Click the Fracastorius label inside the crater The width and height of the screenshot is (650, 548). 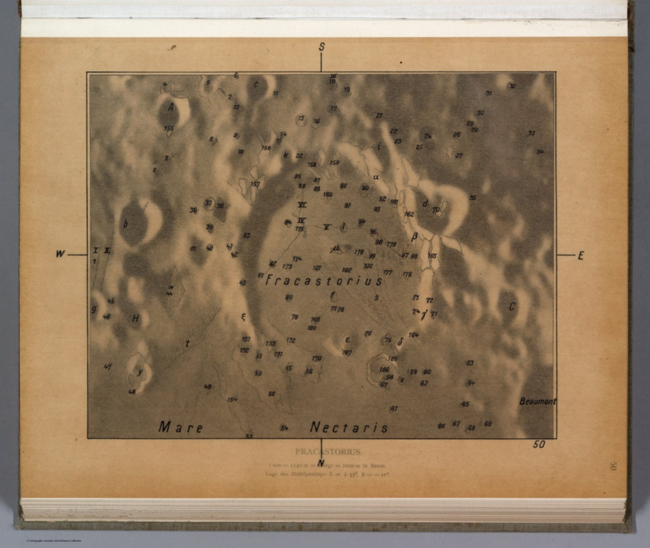[x=324, y=281]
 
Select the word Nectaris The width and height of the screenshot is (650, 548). [x=349, y=427]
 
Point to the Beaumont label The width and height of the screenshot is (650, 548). [x=537, y=401]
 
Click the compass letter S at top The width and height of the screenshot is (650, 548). [x=322, y=47]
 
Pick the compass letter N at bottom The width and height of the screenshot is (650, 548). [x=321, y=463]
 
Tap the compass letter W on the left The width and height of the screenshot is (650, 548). [x=60, y=254]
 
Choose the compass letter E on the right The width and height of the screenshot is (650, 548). [x=581, y=255]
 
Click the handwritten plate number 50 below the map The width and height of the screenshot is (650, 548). [x=539, y=445]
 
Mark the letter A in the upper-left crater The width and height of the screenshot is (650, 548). [x=171, y=108]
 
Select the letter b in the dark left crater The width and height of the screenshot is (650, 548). [x=125, y=224]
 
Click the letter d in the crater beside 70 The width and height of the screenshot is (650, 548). [x=425, y=204]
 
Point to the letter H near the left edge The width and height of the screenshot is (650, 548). [x=135, y=318]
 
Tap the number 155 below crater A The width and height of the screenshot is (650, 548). [x=169, y=128]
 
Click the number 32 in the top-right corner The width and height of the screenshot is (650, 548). [x=512, y=86]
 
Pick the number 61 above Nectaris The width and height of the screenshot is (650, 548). [x=394, y=409]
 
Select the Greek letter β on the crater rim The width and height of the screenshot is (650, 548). [x=414, y=237]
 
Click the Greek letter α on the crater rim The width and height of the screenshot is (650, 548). [x=375, y=177]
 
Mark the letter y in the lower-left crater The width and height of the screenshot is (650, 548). [x=139, y=372]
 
